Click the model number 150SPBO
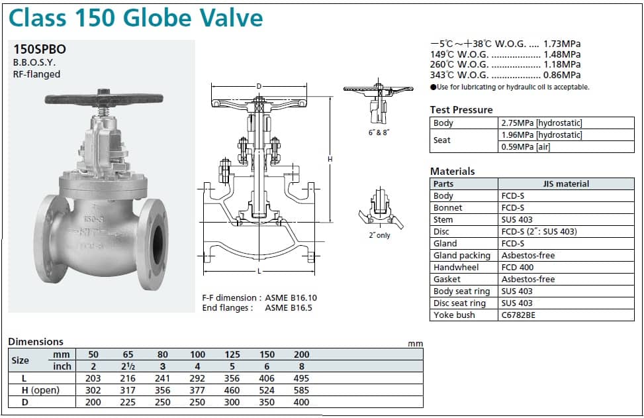click(40, 49)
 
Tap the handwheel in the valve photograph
click(104, 98)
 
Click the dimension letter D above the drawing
click(259, 86)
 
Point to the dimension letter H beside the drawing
click(330, 159)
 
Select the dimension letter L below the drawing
click(259, 271)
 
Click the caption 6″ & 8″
click(379, 132)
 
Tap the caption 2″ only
click(379, 236)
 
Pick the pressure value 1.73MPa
click(562, 44)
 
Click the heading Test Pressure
click(461, 110)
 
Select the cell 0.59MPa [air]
click(526, 147)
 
